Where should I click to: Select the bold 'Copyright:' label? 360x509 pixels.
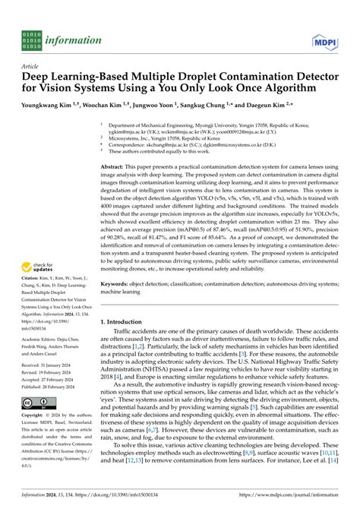36,396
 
